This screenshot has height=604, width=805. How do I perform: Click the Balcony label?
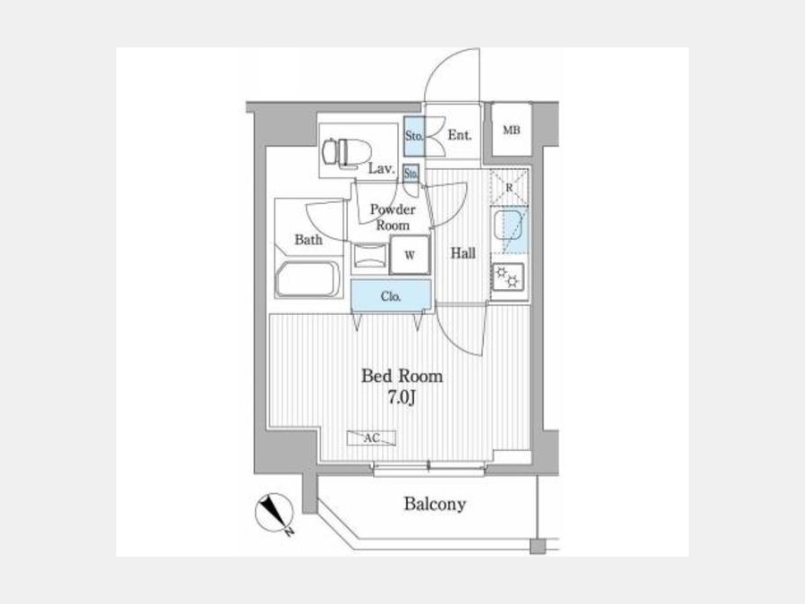coord(435,504)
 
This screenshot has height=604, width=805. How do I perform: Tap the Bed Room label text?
coord(402,376)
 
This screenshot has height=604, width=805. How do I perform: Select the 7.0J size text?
coord(401,398)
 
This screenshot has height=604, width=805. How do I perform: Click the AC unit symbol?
coord(372,438)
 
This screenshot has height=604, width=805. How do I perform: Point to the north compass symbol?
coord(275,513)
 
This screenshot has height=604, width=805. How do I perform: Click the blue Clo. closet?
coord(391,296)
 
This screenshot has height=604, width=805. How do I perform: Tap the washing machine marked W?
coord(409,255)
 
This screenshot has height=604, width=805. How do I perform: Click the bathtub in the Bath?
coord(308,279)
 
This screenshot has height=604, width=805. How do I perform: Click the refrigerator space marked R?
coord(509,188)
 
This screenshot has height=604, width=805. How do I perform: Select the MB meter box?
coord(512,131)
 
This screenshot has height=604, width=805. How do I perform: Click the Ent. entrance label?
coord(460,135)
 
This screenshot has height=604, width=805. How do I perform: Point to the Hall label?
coord(463,252)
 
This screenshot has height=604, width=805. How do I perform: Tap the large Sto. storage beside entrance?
coord(414,136)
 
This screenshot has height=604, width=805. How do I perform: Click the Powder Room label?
coord(393,217)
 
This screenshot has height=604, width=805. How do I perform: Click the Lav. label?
coord(381,168)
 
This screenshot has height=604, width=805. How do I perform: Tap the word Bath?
coord(309,239)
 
